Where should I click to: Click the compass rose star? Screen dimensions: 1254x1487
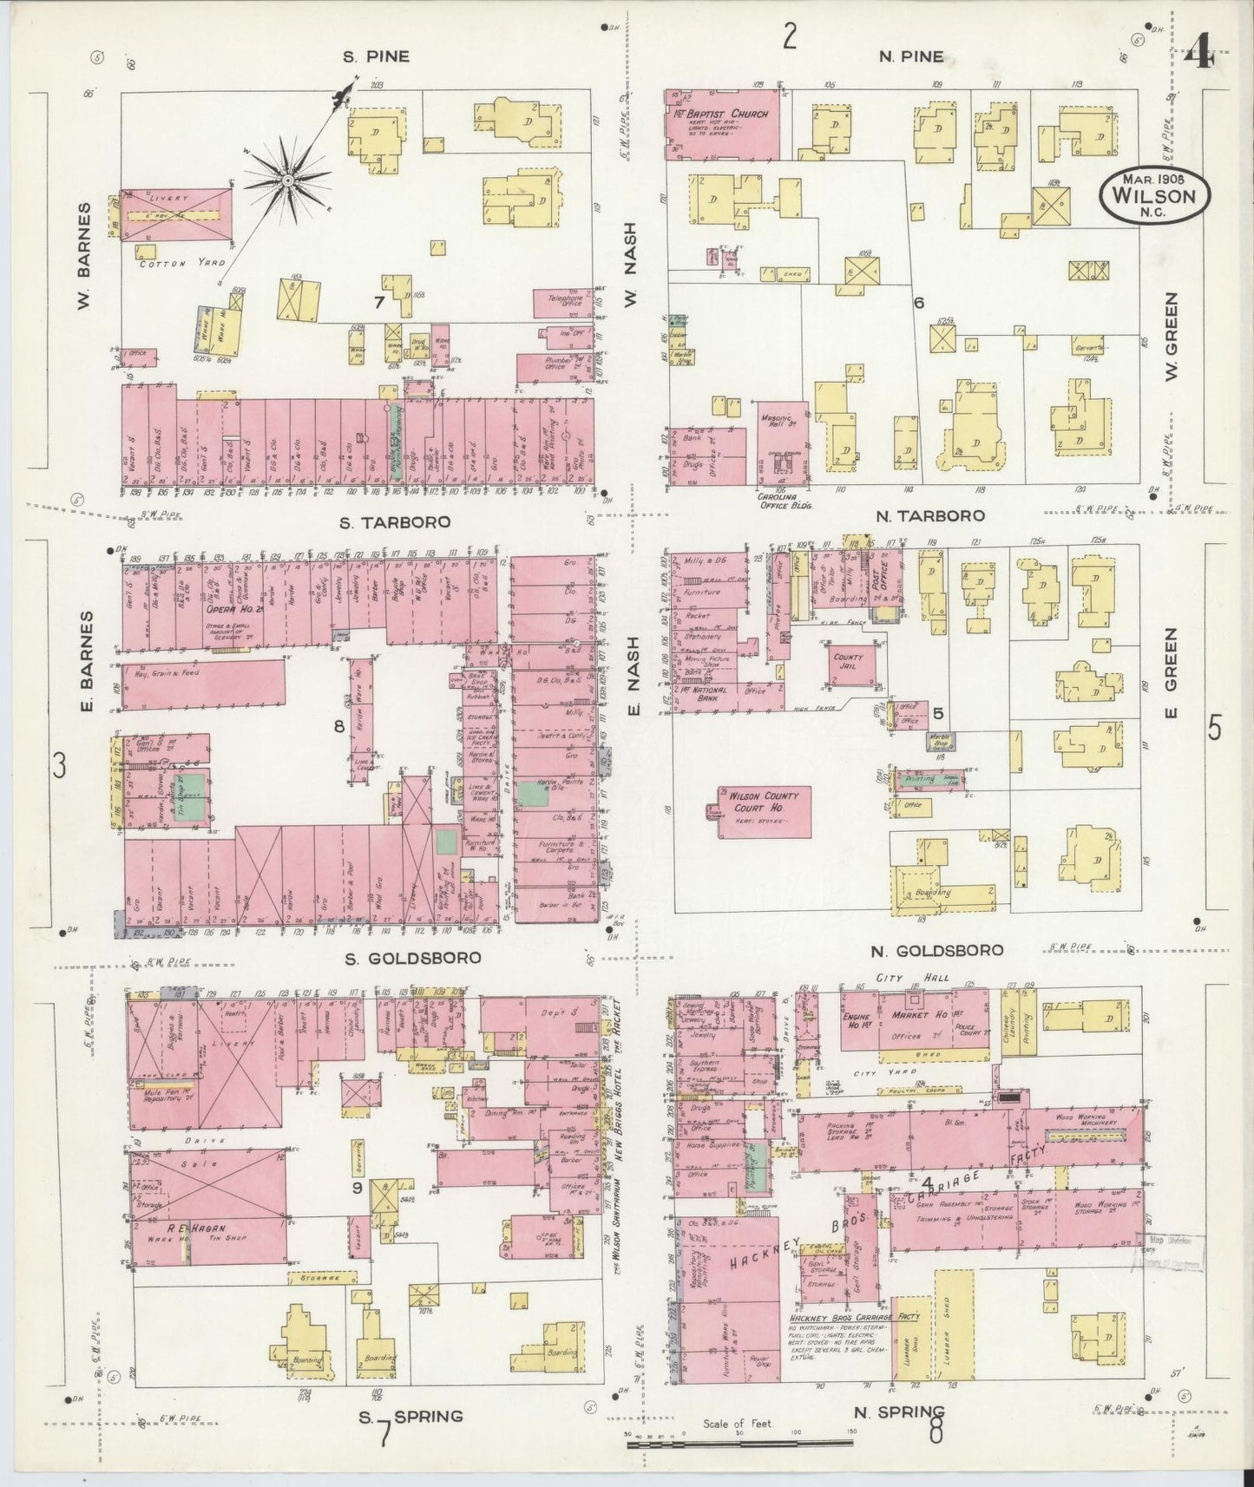286,180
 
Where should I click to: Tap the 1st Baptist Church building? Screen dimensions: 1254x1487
721,124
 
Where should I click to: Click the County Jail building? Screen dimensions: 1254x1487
850,665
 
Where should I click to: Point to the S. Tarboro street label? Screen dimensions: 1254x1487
397,522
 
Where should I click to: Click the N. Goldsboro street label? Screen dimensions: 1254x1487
937,950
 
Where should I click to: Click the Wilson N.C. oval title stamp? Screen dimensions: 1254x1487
1153,194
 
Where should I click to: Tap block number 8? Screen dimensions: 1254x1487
339,725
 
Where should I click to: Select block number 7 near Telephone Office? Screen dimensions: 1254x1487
378,302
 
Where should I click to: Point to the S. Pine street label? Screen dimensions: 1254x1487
375,57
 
